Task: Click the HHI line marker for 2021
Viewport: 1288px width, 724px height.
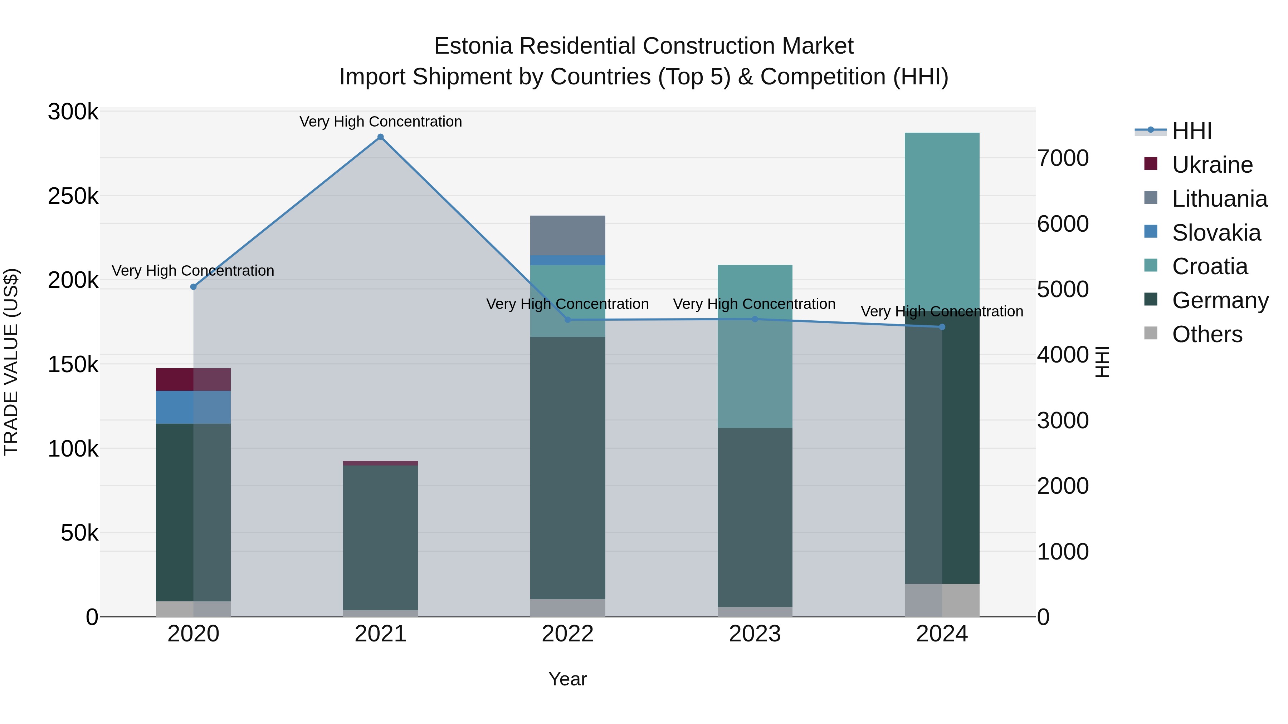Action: [x=381, y=137]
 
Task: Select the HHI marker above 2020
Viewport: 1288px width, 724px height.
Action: [x=194, y=287]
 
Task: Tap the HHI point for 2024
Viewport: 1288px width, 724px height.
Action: [x=942, y=327]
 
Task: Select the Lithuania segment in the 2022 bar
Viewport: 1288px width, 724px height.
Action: [x=567, y=235]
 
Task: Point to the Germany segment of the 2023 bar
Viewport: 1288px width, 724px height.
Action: [x=755, y=517]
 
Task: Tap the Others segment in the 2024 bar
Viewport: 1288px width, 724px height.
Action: [x=942, y=600]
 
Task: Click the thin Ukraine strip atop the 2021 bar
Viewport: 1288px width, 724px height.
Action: [x=381, y=463]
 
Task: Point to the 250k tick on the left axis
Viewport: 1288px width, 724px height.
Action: [x=73, y=196]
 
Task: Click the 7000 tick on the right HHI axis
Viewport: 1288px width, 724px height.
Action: [x=1063, y=158]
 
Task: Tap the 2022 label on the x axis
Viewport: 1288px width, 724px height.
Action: [x=567, y=634]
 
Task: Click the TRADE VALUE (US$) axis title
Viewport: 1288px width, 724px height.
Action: [x=11, y=362]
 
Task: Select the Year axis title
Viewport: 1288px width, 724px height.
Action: [x=567, y=679]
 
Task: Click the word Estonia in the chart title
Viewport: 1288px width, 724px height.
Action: [x=473, y=46]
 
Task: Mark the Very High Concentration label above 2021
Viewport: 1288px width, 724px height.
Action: [x=381, y=122]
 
